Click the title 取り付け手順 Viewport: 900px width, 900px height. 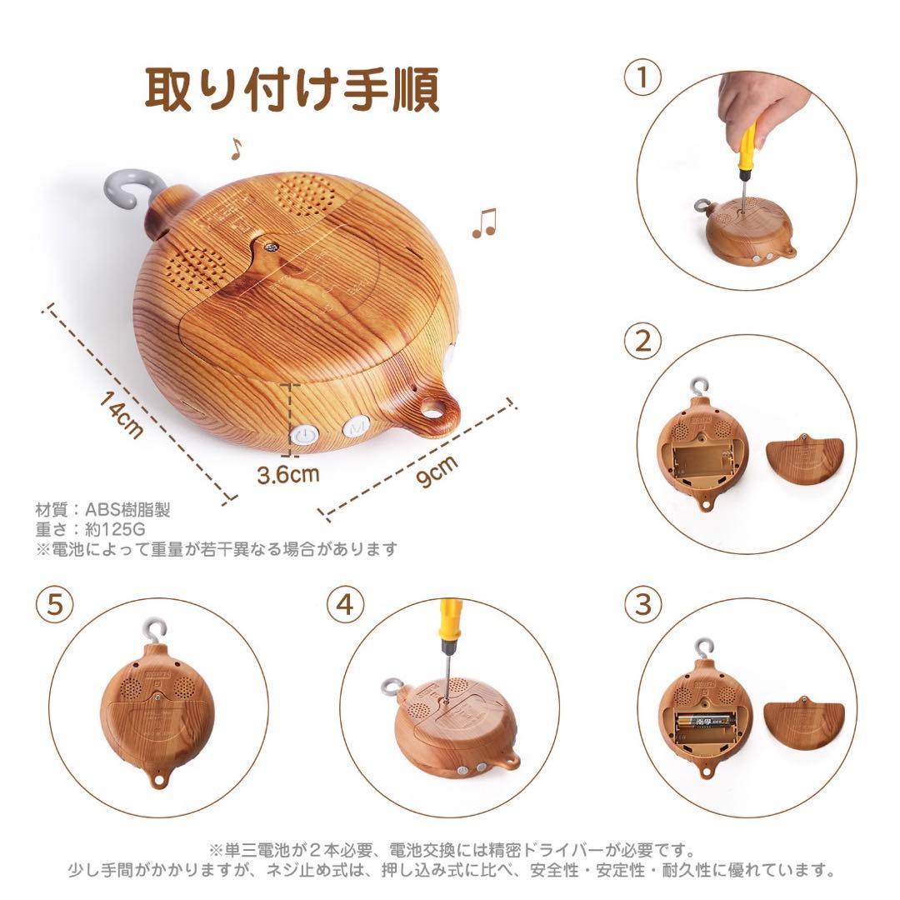pos(292,88)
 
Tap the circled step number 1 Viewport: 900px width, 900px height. pos(642,77)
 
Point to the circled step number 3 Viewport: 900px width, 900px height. pos(642,604)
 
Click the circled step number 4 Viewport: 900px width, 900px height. pos(346,604)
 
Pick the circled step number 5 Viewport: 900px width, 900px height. pos(54,604)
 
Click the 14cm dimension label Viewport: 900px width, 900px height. pos(121,414)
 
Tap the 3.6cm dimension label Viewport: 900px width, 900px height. pos(287,475)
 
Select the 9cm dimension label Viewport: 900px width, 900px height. pos(438,471)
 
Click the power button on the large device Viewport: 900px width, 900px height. pos(304,434)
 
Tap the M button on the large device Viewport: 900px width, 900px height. pos(356,427)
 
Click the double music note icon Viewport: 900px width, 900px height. pos(484,222)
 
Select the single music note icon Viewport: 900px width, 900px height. pos(236,148)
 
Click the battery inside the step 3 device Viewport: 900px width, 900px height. pos(706,720)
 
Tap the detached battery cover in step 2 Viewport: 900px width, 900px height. pos(805,457)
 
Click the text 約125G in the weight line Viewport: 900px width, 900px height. pos(115,528)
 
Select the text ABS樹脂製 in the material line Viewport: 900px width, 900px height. pos(127,509)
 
